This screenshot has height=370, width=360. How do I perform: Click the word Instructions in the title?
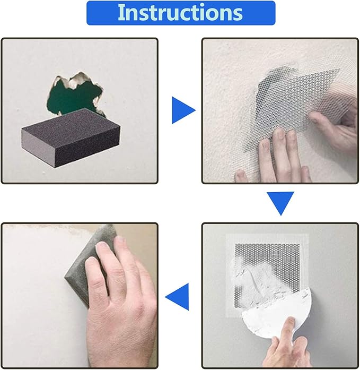(x=180, y=13)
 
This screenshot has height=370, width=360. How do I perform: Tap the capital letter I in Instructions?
(x=121, y=13)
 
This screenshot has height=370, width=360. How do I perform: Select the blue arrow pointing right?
(x=182, y=111)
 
